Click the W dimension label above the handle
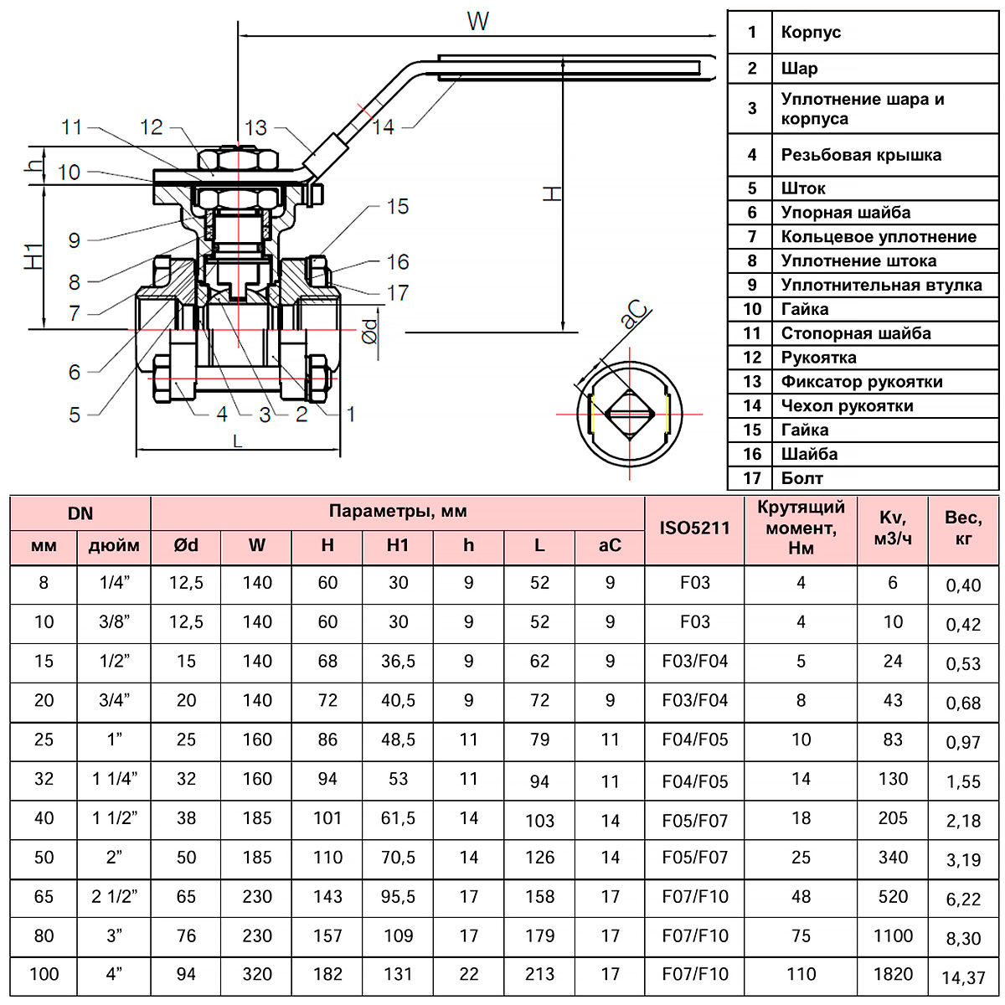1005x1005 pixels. (478, 21)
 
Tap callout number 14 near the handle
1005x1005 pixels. (383, 127)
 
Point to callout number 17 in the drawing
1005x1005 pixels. (398, 293)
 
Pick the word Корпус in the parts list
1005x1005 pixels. (811, 33)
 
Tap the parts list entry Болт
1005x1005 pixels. (801, 478)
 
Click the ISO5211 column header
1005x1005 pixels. (694, 528)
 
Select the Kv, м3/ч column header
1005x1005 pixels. (893, 528)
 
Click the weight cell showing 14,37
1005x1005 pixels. (963, 977)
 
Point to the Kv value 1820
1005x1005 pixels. (893, 974)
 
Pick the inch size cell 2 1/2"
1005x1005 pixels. (114, 896)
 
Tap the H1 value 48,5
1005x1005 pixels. (398, 740)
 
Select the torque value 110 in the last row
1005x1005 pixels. (801, 974)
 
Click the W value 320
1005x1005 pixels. (257, 974)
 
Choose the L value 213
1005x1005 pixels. (539, 974)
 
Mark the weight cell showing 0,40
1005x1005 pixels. (963, 585)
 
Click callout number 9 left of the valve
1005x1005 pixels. (75, 241)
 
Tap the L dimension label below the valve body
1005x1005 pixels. (238, 441)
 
